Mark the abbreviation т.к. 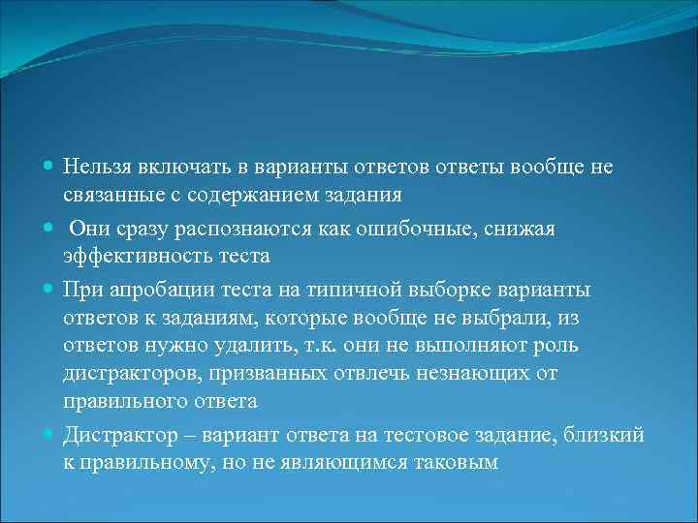click(x=337, y=346)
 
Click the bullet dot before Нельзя click(x=49, y=168)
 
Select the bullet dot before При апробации click(x=49, y=290)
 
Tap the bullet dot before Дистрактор click(x=49, y=436)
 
